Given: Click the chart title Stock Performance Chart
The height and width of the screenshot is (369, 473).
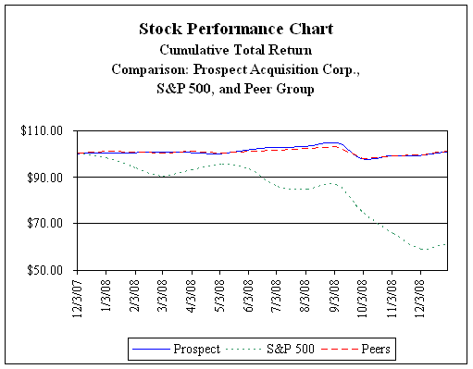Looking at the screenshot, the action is [236, 29].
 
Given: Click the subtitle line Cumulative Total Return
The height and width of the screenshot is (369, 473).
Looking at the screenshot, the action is [236, 50].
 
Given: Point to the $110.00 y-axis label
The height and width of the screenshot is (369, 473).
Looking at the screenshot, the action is [42, 130].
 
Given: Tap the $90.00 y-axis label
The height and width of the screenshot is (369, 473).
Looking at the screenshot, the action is [44, 178].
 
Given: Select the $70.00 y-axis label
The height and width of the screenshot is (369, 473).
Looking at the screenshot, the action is [44, 223].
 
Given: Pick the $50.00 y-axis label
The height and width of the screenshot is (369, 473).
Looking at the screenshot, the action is [44, 270].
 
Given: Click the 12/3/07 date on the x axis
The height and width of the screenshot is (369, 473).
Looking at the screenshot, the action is [77, 299].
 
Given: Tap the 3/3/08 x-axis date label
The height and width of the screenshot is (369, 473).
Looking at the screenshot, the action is [163, 295].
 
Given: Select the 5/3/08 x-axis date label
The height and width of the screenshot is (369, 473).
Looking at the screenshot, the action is [220, 295].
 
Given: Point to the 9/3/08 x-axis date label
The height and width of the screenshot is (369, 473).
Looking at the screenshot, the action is [334, 295].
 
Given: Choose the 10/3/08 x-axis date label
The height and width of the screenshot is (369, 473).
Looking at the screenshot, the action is [363, 299].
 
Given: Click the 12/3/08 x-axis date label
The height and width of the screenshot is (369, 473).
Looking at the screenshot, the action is [420, 299].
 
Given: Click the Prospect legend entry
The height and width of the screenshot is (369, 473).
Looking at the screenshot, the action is [176, 349].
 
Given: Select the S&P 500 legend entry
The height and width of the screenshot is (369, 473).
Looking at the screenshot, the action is [270, 349].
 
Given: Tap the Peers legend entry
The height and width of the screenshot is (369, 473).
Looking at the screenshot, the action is [355, 349].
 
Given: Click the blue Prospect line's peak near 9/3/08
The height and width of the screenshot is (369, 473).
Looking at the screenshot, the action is [331, 142].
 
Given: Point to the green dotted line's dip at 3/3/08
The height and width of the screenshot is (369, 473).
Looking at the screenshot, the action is [164, 177].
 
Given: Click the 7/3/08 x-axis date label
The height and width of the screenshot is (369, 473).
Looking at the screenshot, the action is [276, 295].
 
